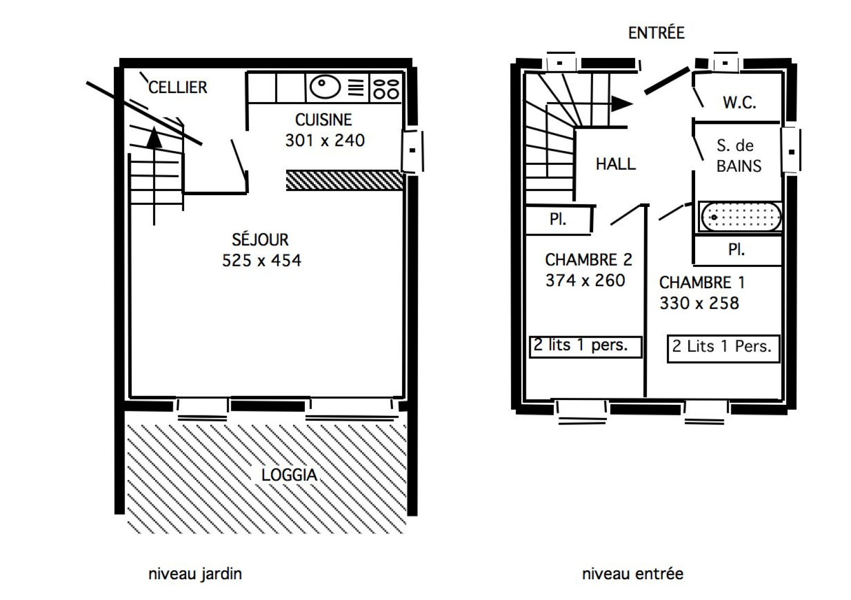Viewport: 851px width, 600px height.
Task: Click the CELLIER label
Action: [178, 87]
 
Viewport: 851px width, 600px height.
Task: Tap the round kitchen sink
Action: [325, 87]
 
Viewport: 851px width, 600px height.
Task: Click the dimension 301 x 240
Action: [325, 140]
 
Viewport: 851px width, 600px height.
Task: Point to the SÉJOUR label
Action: [260, 240]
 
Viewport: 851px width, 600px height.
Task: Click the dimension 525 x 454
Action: [261, 261]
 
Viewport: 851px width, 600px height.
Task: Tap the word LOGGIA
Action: [289, 475]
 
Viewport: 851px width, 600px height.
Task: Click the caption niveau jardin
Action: [195, 574]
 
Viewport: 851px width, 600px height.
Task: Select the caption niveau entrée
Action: [632, 574]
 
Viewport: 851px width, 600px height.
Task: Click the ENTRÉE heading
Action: [656, 32]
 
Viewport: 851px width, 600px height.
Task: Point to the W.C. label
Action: [739, 103]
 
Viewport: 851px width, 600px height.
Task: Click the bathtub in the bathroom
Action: [740, 217]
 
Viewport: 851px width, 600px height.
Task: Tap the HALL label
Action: [615, 164]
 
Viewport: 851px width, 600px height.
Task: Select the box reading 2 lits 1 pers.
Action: [585, 347]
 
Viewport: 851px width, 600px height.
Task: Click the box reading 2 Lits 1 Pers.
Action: [723, 348]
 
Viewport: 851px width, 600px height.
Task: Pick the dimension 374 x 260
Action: [585, 280]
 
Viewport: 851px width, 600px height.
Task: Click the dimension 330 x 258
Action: [699, 303]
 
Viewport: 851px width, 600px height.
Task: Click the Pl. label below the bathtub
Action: [736, 249]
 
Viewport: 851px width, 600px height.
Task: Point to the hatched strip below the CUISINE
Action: [344, 180]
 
